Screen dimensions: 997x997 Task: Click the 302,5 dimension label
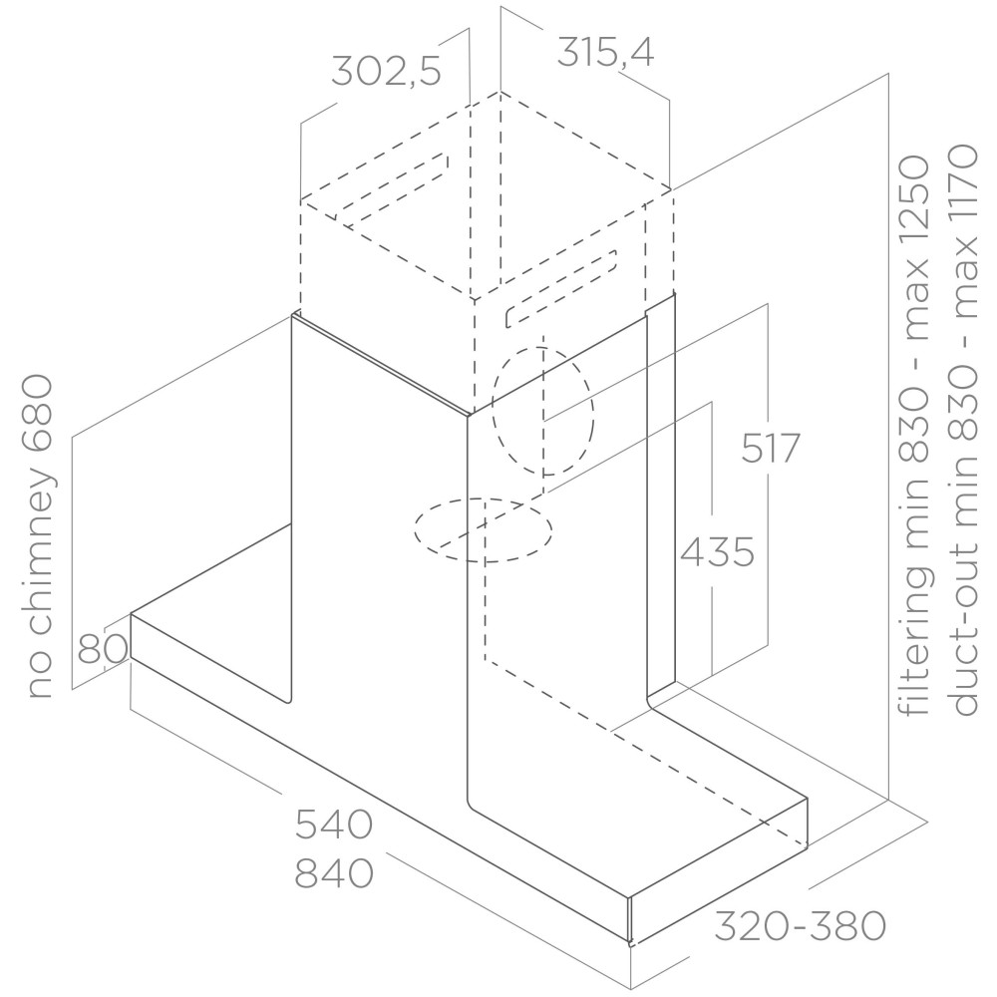pyautogui.click(x=386, y=71)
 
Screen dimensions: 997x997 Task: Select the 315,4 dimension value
pyautogui.click(x=605, y=52)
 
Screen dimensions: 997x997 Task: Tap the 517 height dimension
pyautogui.click(x=770, y=449)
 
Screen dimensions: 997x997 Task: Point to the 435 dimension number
pyautogui.click(x=717, y=552)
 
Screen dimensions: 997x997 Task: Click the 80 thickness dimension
pyautogui.click(x=102, y=650)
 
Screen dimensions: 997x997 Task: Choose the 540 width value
pyautogui.click(x=333, y=825)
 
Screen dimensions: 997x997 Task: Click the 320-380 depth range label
pyautogui.click(x=800, y=926)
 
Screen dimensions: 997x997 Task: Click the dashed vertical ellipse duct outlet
pyautogui.click(x=543, y=412)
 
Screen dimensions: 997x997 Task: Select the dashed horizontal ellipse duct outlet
pyautogui.click(x=484, y=529)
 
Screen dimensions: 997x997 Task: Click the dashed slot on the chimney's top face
pyautogui.click(x=392, y=188)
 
